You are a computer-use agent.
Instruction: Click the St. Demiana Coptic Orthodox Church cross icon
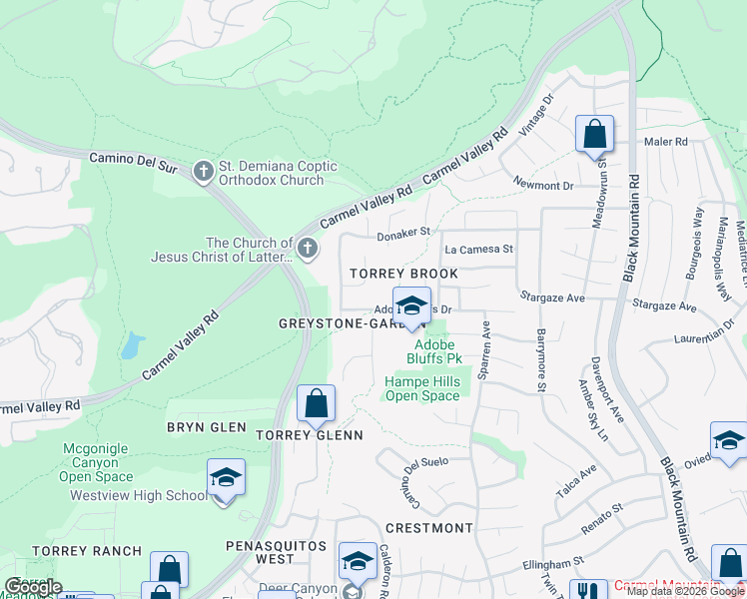point(203,173)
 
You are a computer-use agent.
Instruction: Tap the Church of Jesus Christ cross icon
point(308,249)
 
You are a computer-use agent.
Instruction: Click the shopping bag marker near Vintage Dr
point(594,134)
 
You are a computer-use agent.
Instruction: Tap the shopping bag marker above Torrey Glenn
point(316,403)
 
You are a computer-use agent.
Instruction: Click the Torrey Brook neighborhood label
point(403,274)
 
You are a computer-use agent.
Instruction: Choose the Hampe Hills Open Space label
point(422,388)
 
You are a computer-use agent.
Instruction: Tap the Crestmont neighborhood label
point(428,527)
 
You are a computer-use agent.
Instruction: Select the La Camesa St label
point(478,249)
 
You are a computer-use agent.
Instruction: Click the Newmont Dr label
point(543,186)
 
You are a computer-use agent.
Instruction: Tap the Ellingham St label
point(552,565)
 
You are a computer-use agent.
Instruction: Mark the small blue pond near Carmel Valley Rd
point(130,345)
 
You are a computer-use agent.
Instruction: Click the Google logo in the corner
point(33,587)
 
